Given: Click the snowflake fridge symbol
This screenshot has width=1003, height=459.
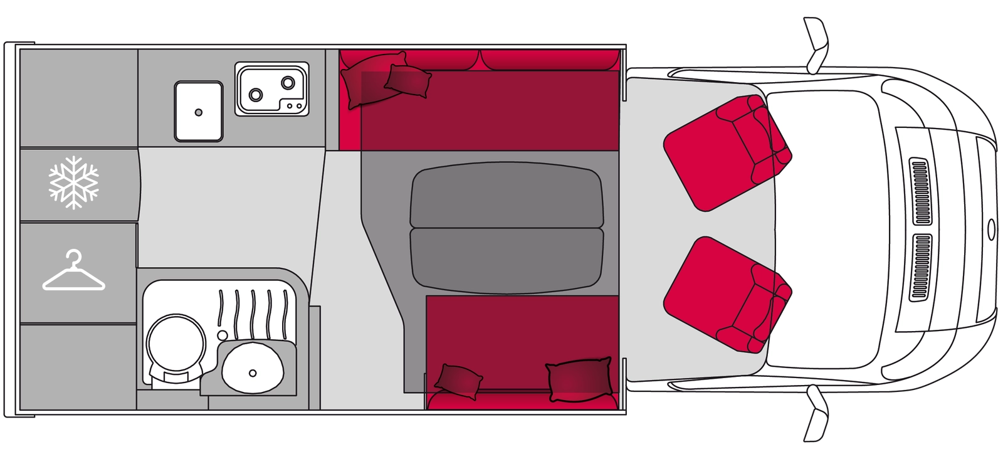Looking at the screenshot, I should (x=74, y=182).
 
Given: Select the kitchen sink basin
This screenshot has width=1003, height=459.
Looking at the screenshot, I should (x=198, y=111).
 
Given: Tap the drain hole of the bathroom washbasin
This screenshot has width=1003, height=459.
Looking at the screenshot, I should (x=253, y=372).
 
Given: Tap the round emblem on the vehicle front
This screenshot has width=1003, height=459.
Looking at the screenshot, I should (x=990, y=228).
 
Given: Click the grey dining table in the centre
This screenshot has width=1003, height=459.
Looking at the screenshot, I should (x=507, y=228).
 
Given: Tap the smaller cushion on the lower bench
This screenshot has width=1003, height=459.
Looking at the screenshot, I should (x=459, y=380).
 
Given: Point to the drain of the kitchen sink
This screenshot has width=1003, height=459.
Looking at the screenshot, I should (x=199, y=112).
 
